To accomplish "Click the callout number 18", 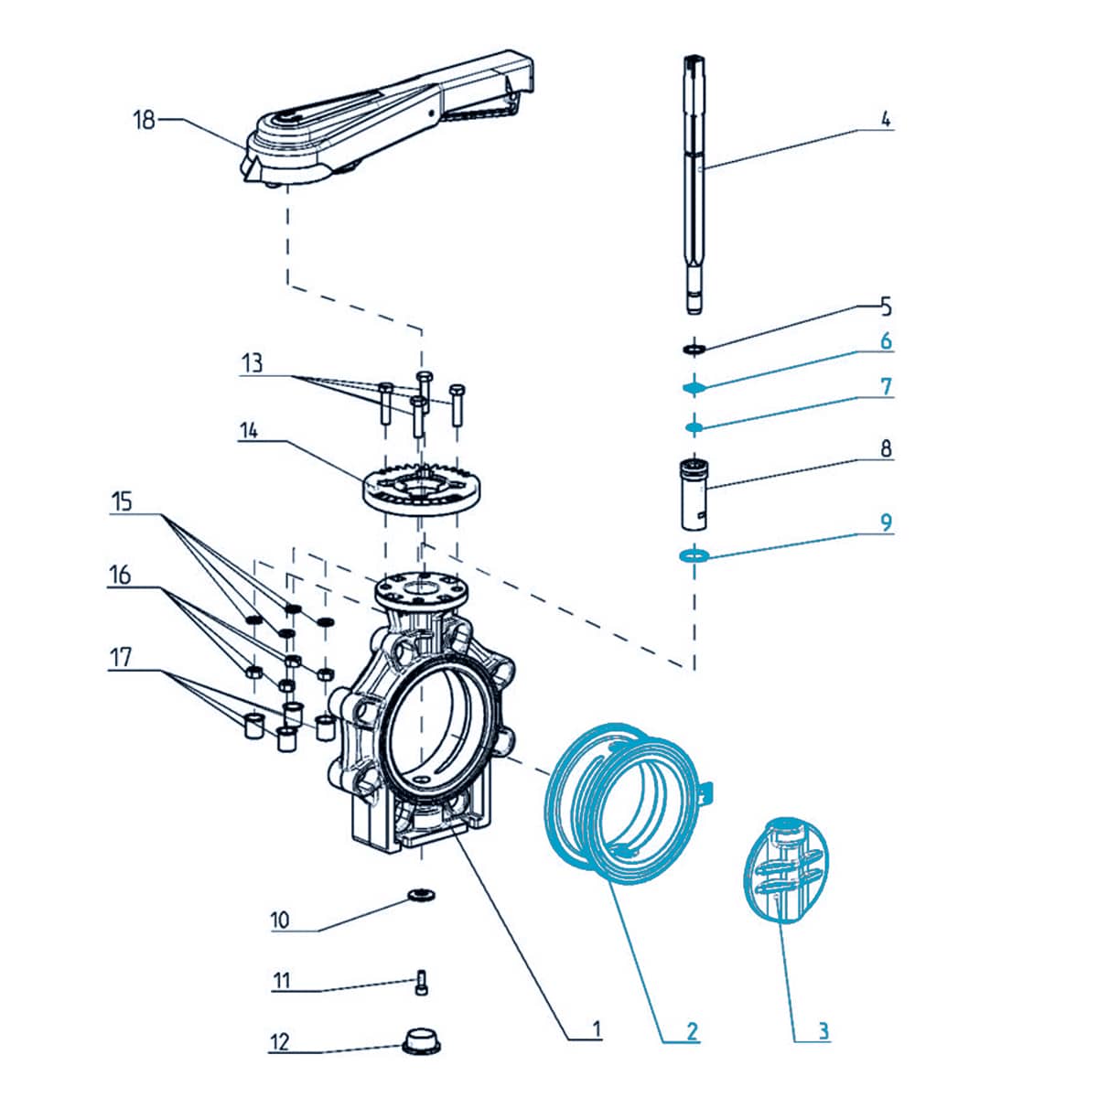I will tap(145, 120).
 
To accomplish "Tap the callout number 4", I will tap(885, 119).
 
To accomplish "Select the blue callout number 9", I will tap(885, 522).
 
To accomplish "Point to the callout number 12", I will tap(279, 1041).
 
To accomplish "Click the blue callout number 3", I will tap(823, 1031).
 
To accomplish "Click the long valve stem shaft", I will tap(694, 183).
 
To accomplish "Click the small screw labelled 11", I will tap(422, 982).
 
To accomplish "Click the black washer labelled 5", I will tap(694, 349).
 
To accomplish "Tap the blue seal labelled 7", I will tap(694, 426).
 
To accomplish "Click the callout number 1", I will tap(597, 1029).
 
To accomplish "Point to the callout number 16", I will tap(120, 576).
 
